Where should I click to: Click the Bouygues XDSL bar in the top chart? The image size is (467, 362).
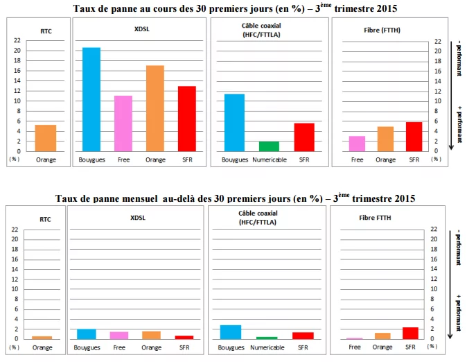click(91, 99)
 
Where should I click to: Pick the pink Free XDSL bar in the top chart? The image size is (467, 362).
click(123, 123)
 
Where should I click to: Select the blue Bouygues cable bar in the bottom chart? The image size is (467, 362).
click(230, 332)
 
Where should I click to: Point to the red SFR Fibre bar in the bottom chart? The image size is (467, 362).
click(410, 334)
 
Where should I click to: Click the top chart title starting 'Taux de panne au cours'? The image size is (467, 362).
click(234, 7)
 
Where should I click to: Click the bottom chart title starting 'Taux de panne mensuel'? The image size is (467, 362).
click(234, 198)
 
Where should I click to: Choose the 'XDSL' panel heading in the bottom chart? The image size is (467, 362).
click(139, 218)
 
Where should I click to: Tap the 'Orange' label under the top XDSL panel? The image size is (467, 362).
click(155, 160)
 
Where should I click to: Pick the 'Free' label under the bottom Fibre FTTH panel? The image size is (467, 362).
click(355, 347)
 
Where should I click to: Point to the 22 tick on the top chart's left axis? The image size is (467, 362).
click(15, 40)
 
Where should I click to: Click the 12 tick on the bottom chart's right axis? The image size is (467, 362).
click(434, 279)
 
